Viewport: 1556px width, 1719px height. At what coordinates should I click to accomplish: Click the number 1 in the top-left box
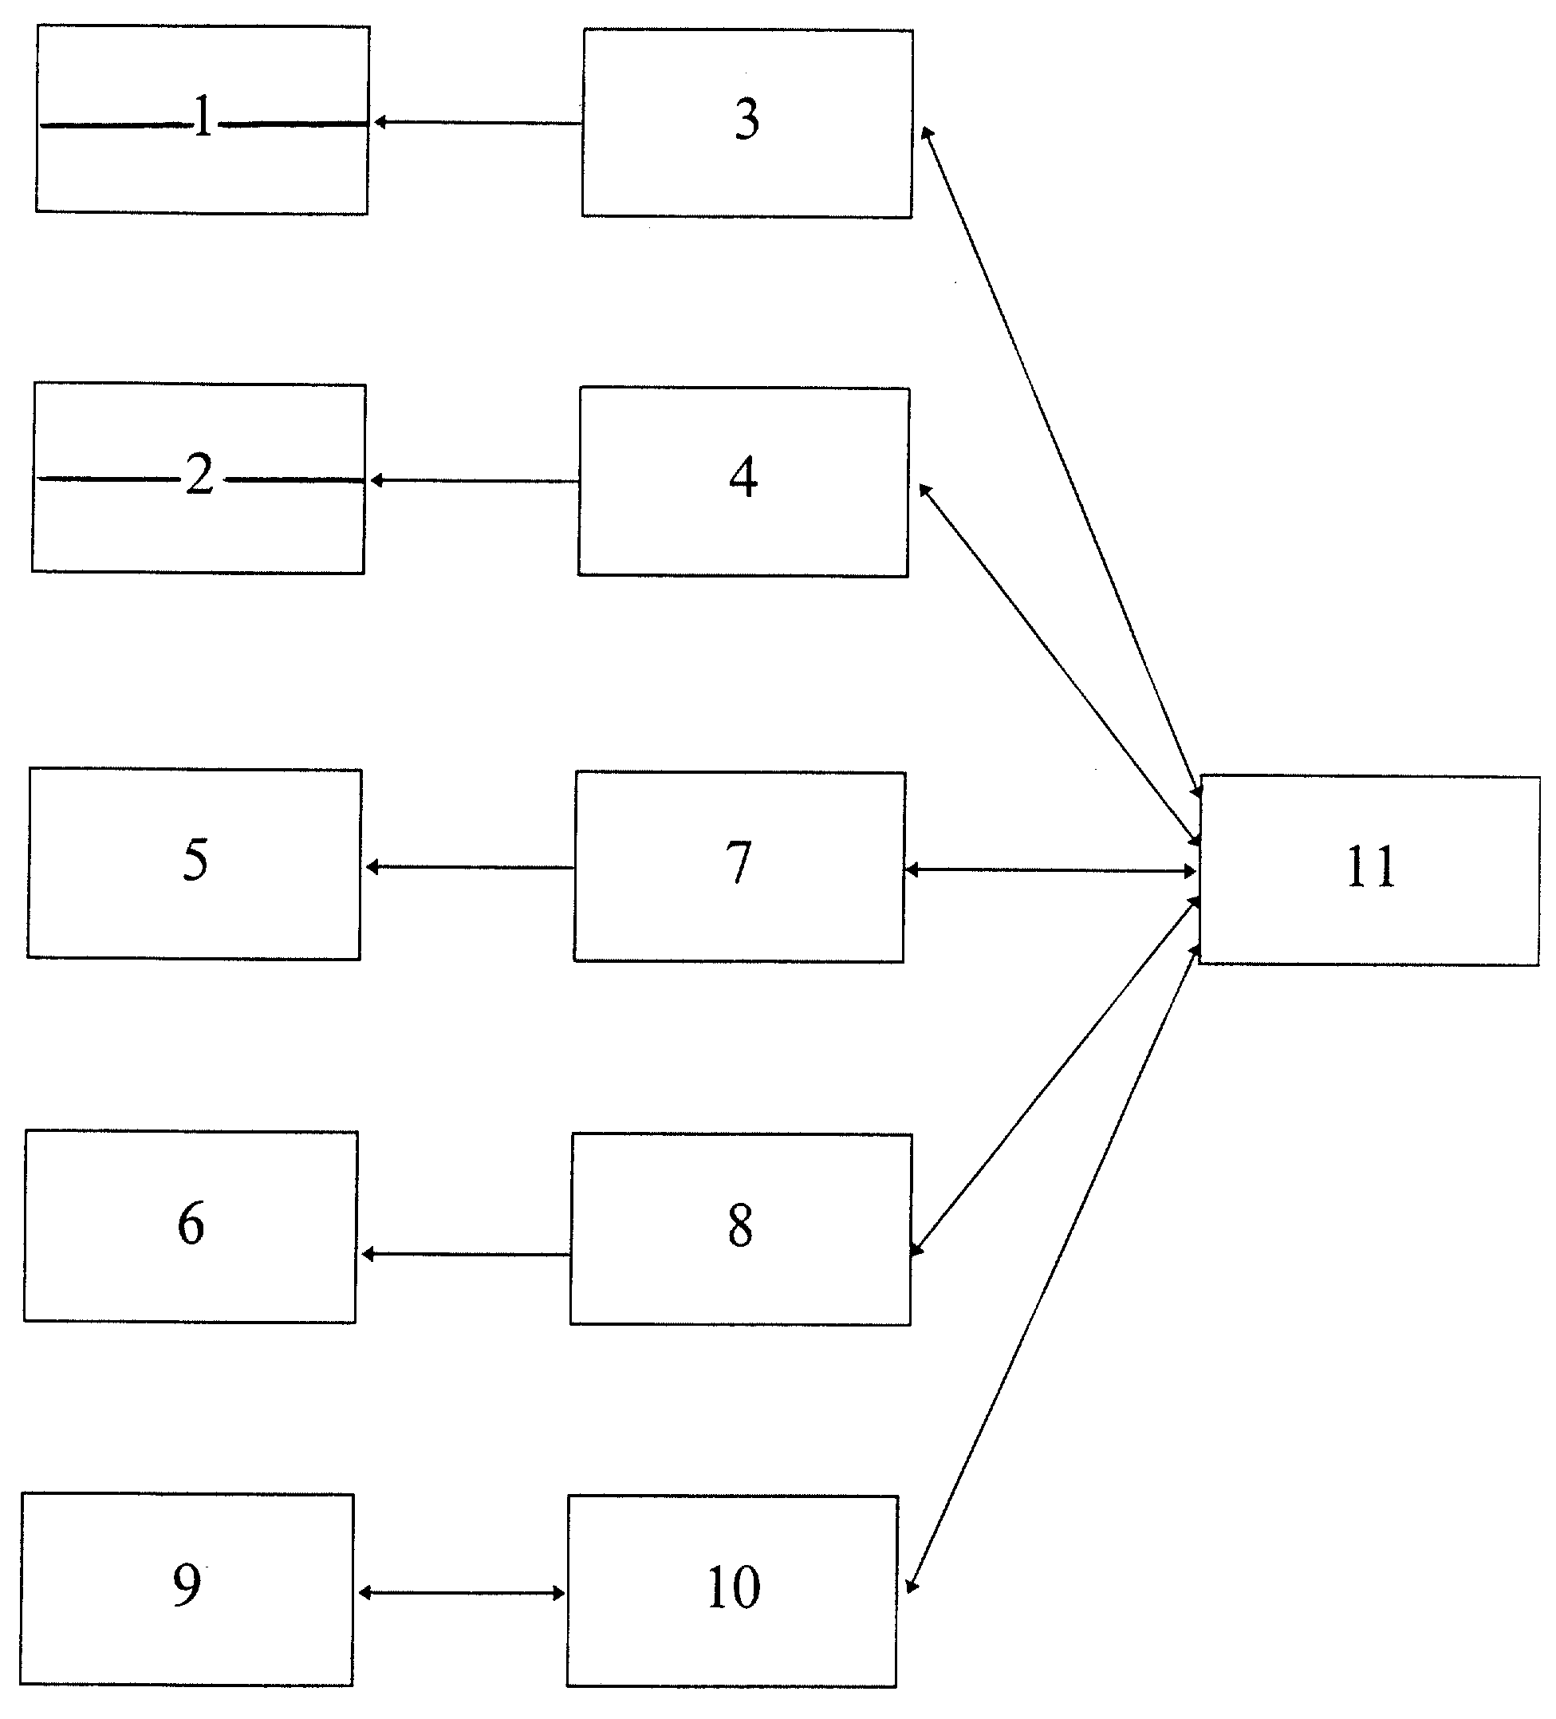203,116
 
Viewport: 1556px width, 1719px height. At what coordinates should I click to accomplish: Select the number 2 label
199,473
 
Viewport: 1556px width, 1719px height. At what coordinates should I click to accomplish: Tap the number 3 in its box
746,120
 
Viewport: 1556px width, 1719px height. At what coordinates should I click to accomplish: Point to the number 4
743,478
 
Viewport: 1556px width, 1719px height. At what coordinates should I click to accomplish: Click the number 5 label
195,860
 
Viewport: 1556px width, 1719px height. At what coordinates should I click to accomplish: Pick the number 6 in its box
191,1224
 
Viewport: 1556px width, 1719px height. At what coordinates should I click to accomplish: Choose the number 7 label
739,862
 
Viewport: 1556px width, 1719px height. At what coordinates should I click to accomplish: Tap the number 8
740,1226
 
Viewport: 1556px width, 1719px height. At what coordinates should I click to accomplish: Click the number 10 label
733,1587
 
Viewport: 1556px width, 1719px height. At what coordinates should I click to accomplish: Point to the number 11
1371,867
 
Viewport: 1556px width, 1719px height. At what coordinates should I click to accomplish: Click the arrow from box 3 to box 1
478,123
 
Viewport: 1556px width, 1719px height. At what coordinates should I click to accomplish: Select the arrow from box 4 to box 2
474,481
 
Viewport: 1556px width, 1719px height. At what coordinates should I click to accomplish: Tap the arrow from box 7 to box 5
470,867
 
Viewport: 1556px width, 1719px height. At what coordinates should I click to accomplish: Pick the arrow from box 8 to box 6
466,1254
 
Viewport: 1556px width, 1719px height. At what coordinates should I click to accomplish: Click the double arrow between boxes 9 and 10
461,1592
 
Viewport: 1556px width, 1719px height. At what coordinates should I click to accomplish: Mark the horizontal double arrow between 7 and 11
1050,870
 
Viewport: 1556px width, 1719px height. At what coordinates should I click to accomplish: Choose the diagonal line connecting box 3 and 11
1062,462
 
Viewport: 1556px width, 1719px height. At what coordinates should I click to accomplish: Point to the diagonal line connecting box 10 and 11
1054,1268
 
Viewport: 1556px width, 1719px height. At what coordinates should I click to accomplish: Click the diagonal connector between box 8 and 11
1055,1076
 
